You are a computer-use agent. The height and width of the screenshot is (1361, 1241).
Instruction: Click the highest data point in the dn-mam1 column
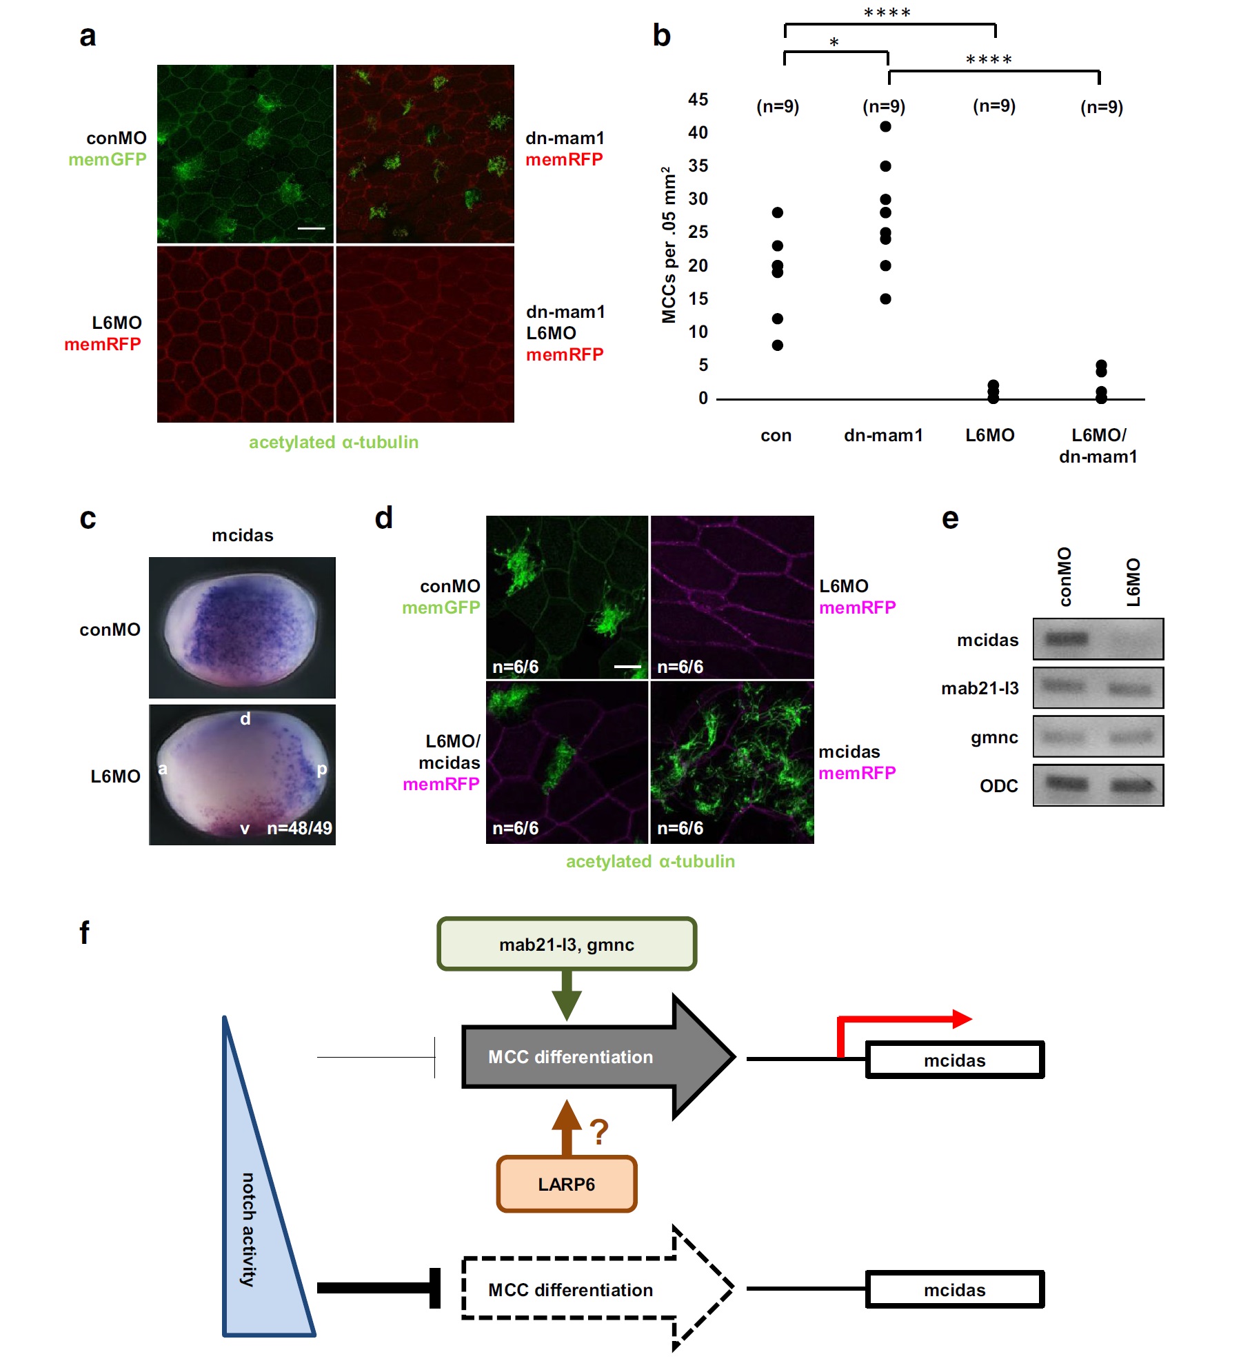pyautogui.click(x=885, y=126)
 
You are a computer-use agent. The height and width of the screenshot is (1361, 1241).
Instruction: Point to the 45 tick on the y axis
pyautogui.click(x=698, y=99)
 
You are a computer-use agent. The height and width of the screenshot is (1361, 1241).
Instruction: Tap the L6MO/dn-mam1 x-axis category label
pyautogui.click(x=1098, y=445)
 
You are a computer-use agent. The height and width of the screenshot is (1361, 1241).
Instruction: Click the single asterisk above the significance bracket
pyautogui.click(x=834, y=43)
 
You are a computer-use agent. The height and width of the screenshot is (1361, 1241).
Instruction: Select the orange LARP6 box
pyautogui.click(x=566, y=1184)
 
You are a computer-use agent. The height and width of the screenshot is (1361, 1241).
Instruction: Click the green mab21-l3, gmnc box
pyautogui.click(x=567, y=944)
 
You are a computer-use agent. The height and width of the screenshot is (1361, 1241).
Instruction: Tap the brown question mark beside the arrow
pyautogui.click(x=598, y=1131)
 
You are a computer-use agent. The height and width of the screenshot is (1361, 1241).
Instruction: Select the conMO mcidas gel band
pyautogui.click(x=1066, y=638)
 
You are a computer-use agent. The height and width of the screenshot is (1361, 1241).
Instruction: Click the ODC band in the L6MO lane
pyautogui.click(x=1131, y=785)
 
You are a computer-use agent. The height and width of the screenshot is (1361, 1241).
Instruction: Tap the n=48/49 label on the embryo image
pyautogui.click(x=299, y=827)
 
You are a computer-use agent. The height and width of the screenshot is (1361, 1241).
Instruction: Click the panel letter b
pyautogui.click(x=661, y=36)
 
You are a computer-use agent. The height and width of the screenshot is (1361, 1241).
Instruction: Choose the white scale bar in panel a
pyautogui.click(x=311, y=228)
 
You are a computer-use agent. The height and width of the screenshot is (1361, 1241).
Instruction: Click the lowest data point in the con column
pyautogui.click(x=777, y=345)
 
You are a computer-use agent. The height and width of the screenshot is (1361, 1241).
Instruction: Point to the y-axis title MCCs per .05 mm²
pyautogui.click(x=668, y=245)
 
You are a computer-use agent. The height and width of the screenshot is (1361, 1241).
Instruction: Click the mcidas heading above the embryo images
pyautogui.click(x=242, y=535)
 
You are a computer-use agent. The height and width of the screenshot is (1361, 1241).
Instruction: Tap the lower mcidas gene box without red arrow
pyautogui.click(x=954, y=1289)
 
